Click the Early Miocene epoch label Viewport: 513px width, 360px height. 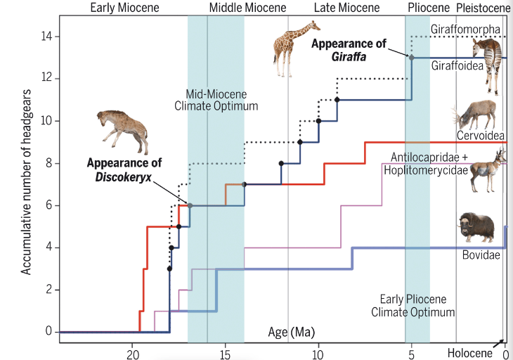pyautogui.click(x=125, y=8)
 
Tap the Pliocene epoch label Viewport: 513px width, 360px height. pyautogui.click(x=428, y=8)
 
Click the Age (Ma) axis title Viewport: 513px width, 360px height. pyautogui.click(x=291, y=331)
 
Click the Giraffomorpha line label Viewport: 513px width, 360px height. pyautogui.click(x=465, y=30)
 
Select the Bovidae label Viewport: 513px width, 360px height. pyautogui.click(x=481, y=255)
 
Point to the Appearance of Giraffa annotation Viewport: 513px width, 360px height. pyautogui.click(x=349, y=49)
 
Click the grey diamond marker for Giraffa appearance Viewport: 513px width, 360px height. pyautogui.click(x=412, y=58)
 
